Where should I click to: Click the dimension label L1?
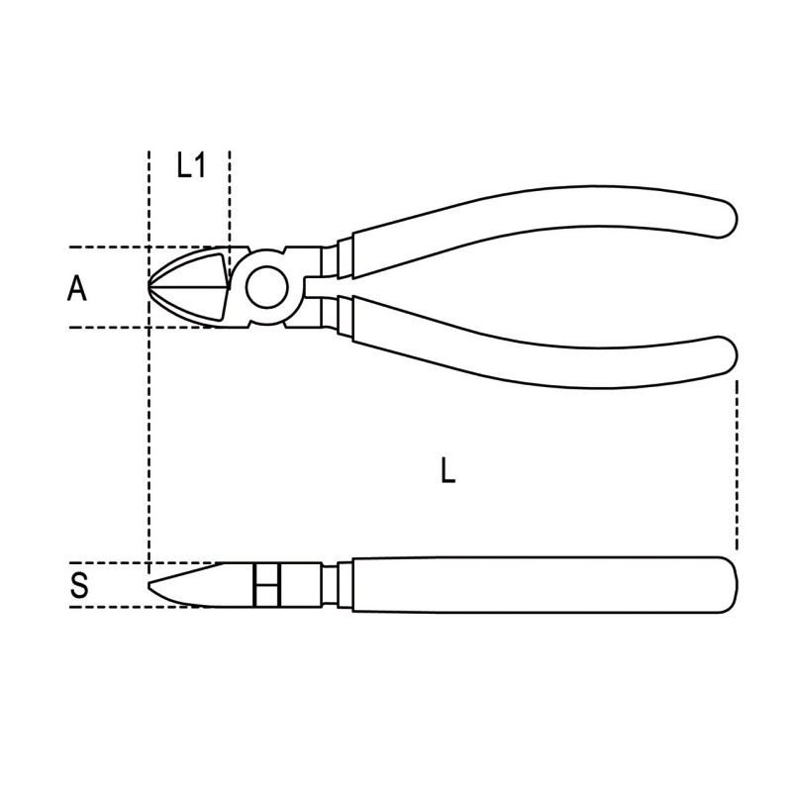(190, 165)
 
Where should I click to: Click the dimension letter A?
(77, 289)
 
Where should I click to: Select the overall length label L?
(447, 471)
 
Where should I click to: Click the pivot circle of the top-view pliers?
(265, 288)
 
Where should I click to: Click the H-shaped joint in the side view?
(265, 584)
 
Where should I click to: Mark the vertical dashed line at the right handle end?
(738, 465)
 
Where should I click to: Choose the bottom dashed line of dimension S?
(109, 606)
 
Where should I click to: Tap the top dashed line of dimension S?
(109, 563)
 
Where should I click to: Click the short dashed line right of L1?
(229, 198)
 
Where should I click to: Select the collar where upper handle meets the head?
(337, 255)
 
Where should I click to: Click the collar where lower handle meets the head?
(337, 319)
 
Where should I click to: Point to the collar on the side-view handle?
(337, 584)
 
